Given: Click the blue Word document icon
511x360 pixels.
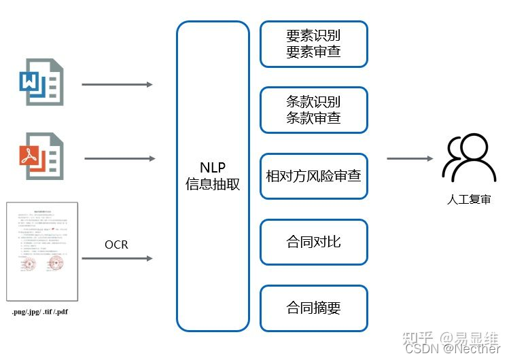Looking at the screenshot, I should (41, 82).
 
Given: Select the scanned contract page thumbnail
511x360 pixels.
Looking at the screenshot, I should (41, 251).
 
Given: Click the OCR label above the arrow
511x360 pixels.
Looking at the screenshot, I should (116, 245).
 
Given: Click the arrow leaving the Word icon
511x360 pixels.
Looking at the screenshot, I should (117, 85).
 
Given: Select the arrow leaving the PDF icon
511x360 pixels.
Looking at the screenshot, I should (120, 158).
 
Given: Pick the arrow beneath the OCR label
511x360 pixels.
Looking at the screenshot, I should (117, 259).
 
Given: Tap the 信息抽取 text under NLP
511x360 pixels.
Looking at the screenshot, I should (213, 184).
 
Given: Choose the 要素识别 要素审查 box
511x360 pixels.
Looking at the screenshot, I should (313, 43).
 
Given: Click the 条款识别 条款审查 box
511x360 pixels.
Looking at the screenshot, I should (313, 109).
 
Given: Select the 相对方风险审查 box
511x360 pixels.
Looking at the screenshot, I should (313, 176).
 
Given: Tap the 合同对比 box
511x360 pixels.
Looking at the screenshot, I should (313, 242).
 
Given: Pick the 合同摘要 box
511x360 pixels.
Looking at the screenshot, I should (313, 308).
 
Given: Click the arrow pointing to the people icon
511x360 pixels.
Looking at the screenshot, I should (410, 158).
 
